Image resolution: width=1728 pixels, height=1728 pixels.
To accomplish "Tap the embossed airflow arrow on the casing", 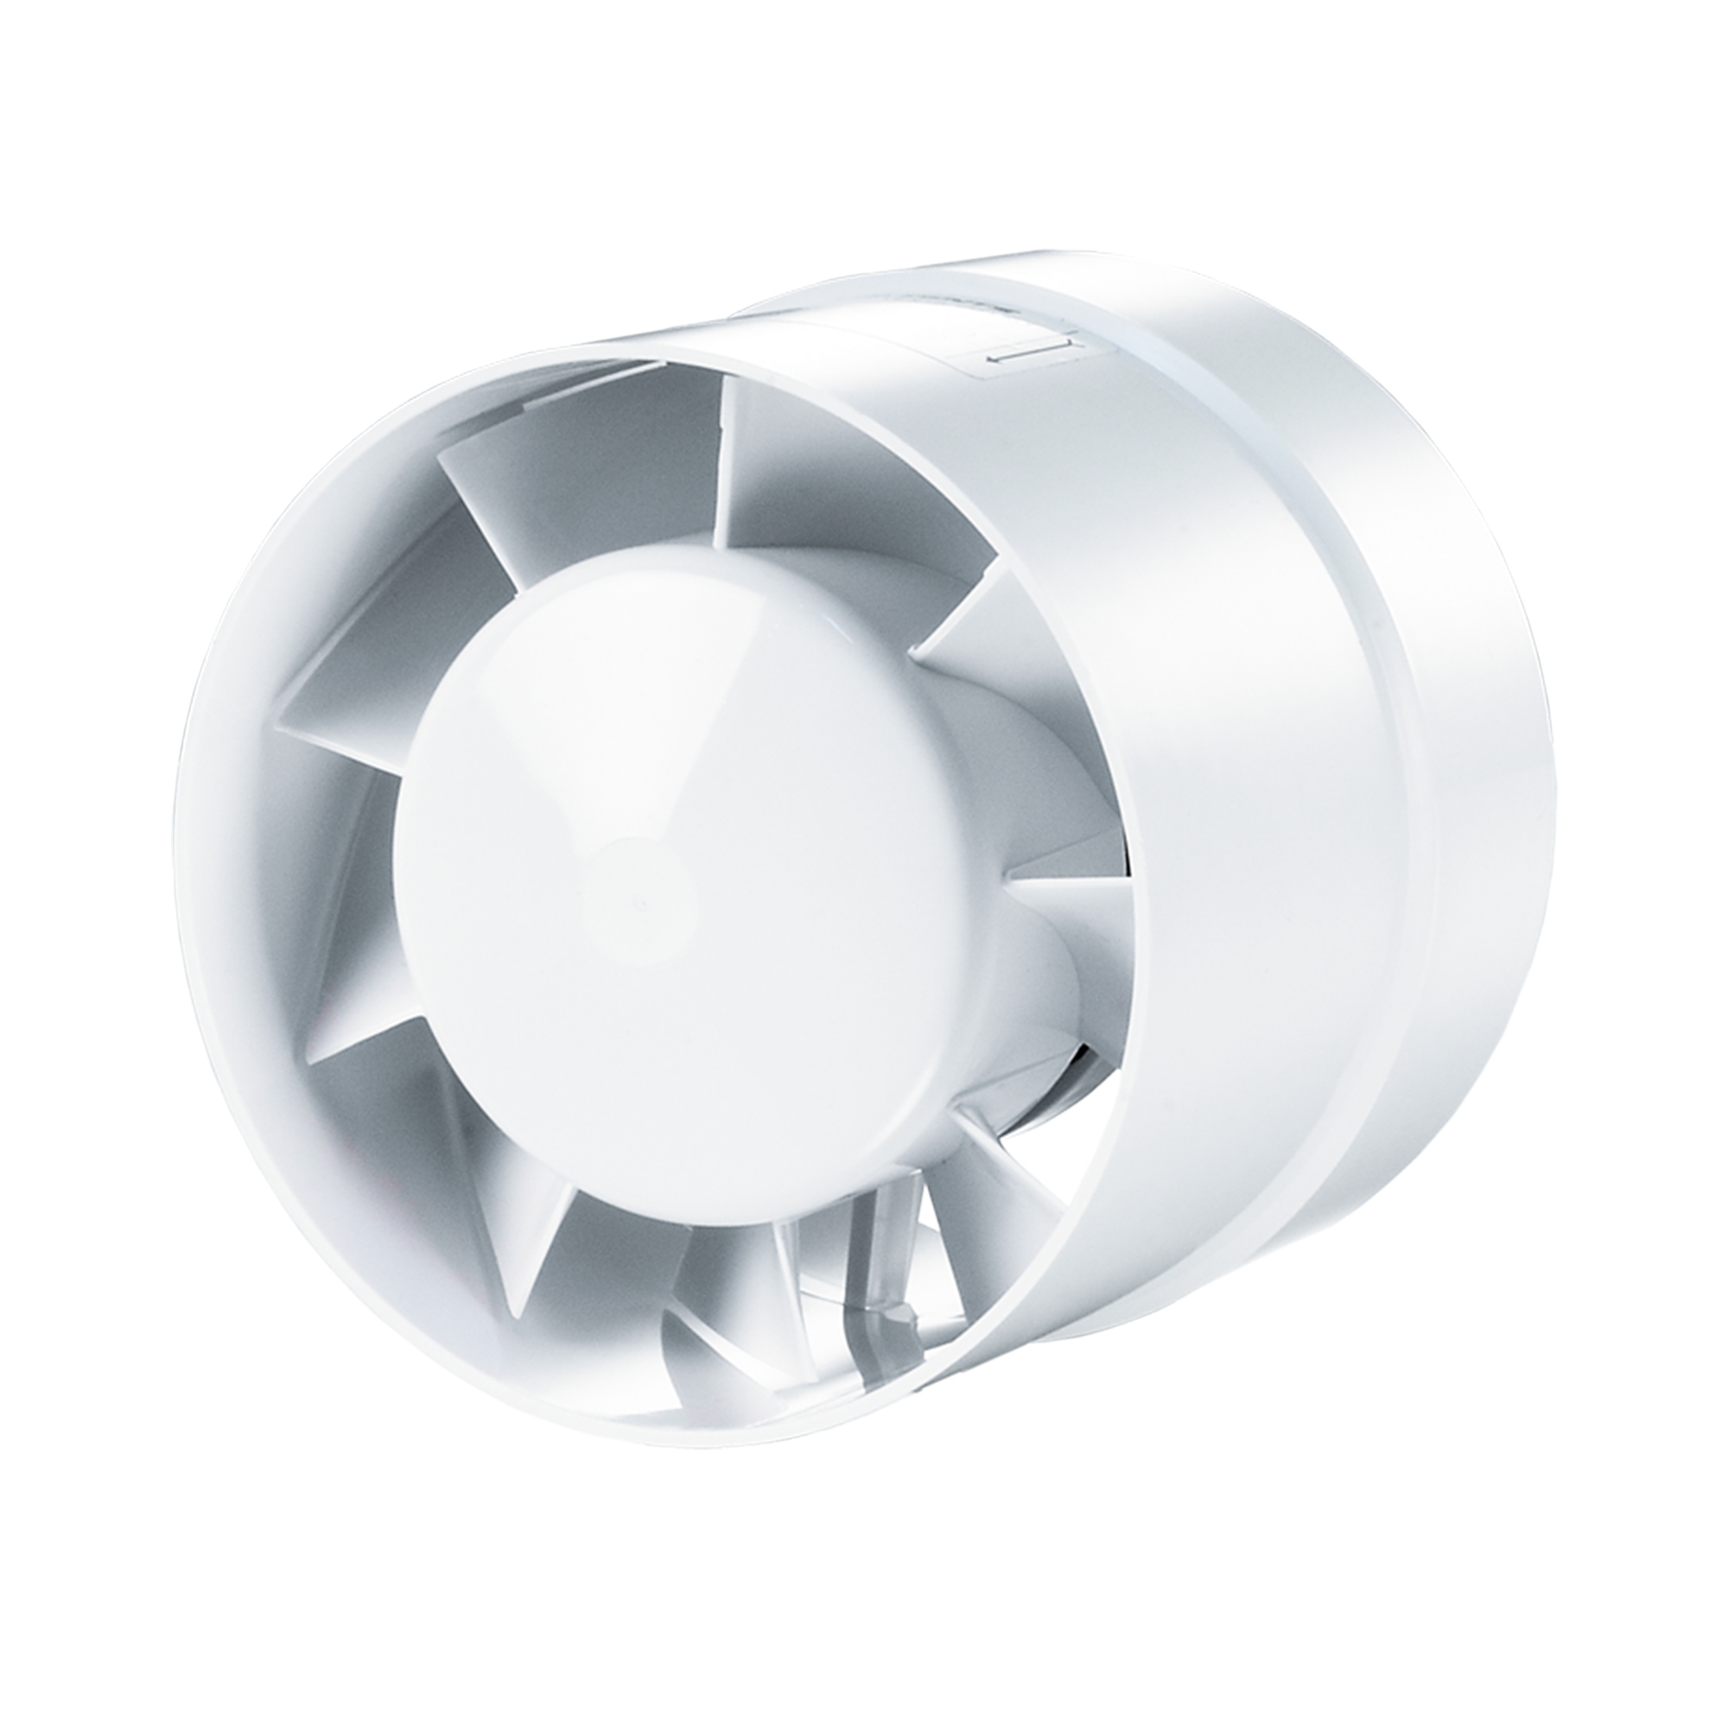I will (x=1031, y=359).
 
